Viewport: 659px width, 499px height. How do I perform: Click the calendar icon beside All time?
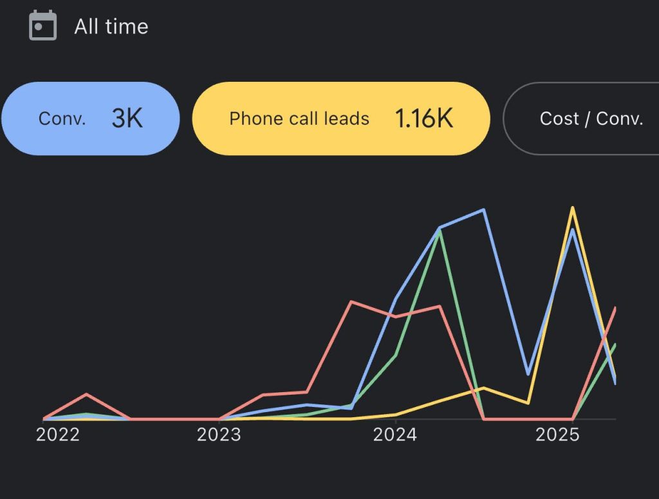point(43,26)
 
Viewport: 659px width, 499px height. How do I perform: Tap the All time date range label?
point(111,26)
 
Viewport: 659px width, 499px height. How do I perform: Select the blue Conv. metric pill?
point(89,118)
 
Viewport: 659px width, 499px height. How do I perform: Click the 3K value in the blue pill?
point(127,118)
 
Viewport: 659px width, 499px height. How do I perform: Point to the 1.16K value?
point(424,118)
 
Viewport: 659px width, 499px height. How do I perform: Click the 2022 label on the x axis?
point(58,435)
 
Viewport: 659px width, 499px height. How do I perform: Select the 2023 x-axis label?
point(219,435)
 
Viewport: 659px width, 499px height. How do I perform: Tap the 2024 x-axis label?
point(395,435)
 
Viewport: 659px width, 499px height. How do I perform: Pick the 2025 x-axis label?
point(558,435)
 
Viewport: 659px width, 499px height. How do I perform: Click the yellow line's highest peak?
point(572,208)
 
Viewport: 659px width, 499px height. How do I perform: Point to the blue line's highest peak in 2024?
point(483,209)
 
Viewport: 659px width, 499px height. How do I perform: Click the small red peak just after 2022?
point(86,393)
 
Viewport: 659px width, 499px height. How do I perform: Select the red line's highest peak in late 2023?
point(351,301)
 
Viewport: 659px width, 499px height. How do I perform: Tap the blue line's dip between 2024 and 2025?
point(528,374)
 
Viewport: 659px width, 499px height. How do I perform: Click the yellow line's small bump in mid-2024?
point(483,388)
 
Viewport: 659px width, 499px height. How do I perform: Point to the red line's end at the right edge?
point(615,308)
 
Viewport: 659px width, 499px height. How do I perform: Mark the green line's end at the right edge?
point(615,345)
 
